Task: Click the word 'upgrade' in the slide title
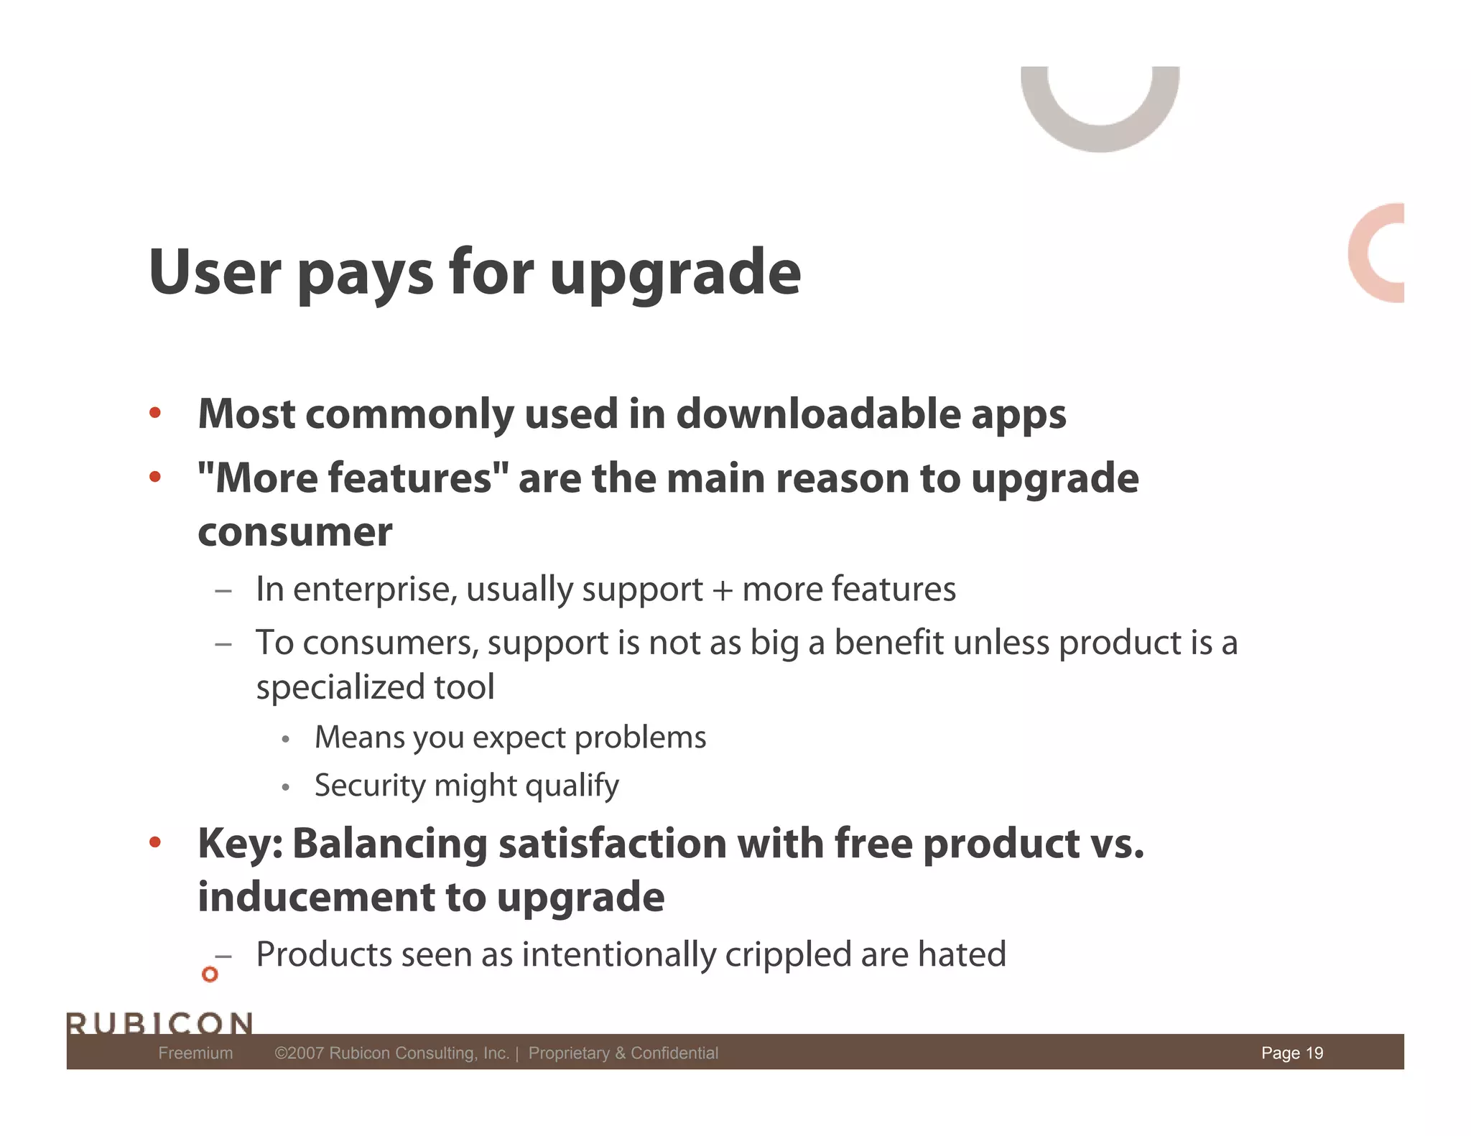point(674,274)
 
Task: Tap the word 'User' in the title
point(215,271)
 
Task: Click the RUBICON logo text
point(159,1023)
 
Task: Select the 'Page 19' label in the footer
point(1291,1053)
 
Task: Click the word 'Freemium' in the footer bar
point(195,1053)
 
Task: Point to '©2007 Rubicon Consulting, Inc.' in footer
point(391,1053)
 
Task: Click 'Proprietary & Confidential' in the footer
point(623,1053)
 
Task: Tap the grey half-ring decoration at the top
point(1100,129)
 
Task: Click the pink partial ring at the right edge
point(1368,253)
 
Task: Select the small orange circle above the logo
point(210,974)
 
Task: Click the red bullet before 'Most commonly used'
point(154,413)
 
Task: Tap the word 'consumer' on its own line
point(294,532)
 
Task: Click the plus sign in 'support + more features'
point(721,590)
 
